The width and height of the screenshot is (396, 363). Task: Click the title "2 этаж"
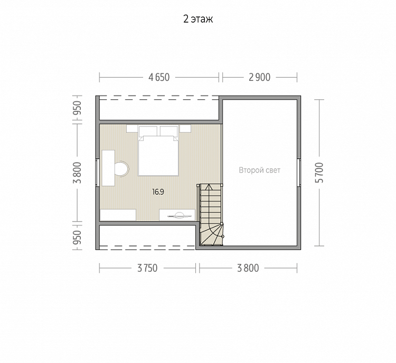click(198, 19)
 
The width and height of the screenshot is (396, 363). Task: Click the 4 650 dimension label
click(159, 77)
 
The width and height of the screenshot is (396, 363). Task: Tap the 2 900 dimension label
click(259, 77)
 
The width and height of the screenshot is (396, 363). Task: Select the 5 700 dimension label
click(319, 173)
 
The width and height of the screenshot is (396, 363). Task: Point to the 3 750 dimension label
click(147, 268)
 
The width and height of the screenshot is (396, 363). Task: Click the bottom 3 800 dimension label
click(248, 268)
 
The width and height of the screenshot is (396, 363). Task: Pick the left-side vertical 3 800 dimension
click(77, 173)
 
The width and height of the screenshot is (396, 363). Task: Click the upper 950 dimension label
click(77, 108)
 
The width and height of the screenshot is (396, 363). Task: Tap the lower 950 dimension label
click(77, 237)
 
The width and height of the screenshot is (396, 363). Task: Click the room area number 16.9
click(158, 192)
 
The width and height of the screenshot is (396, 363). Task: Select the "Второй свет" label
click(260, 170)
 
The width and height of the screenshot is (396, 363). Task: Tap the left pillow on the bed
click(148, 131)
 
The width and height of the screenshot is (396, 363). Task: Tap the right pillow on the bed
click(169, 131)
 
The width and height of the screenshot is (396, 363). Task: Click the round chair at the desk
click(122, 168)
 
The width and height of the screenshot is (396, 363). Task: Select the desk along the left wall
click(108, 168)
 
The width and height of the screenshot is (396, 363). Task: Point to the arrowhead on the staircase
click(209, 187)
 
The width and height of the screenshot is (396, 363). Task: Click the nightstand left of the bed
click(132, 129)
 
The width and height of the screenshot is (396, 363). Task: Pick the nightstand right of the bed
click(185, 129)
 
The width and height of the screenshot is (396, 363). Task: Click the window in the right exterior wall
click(299, 173)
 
